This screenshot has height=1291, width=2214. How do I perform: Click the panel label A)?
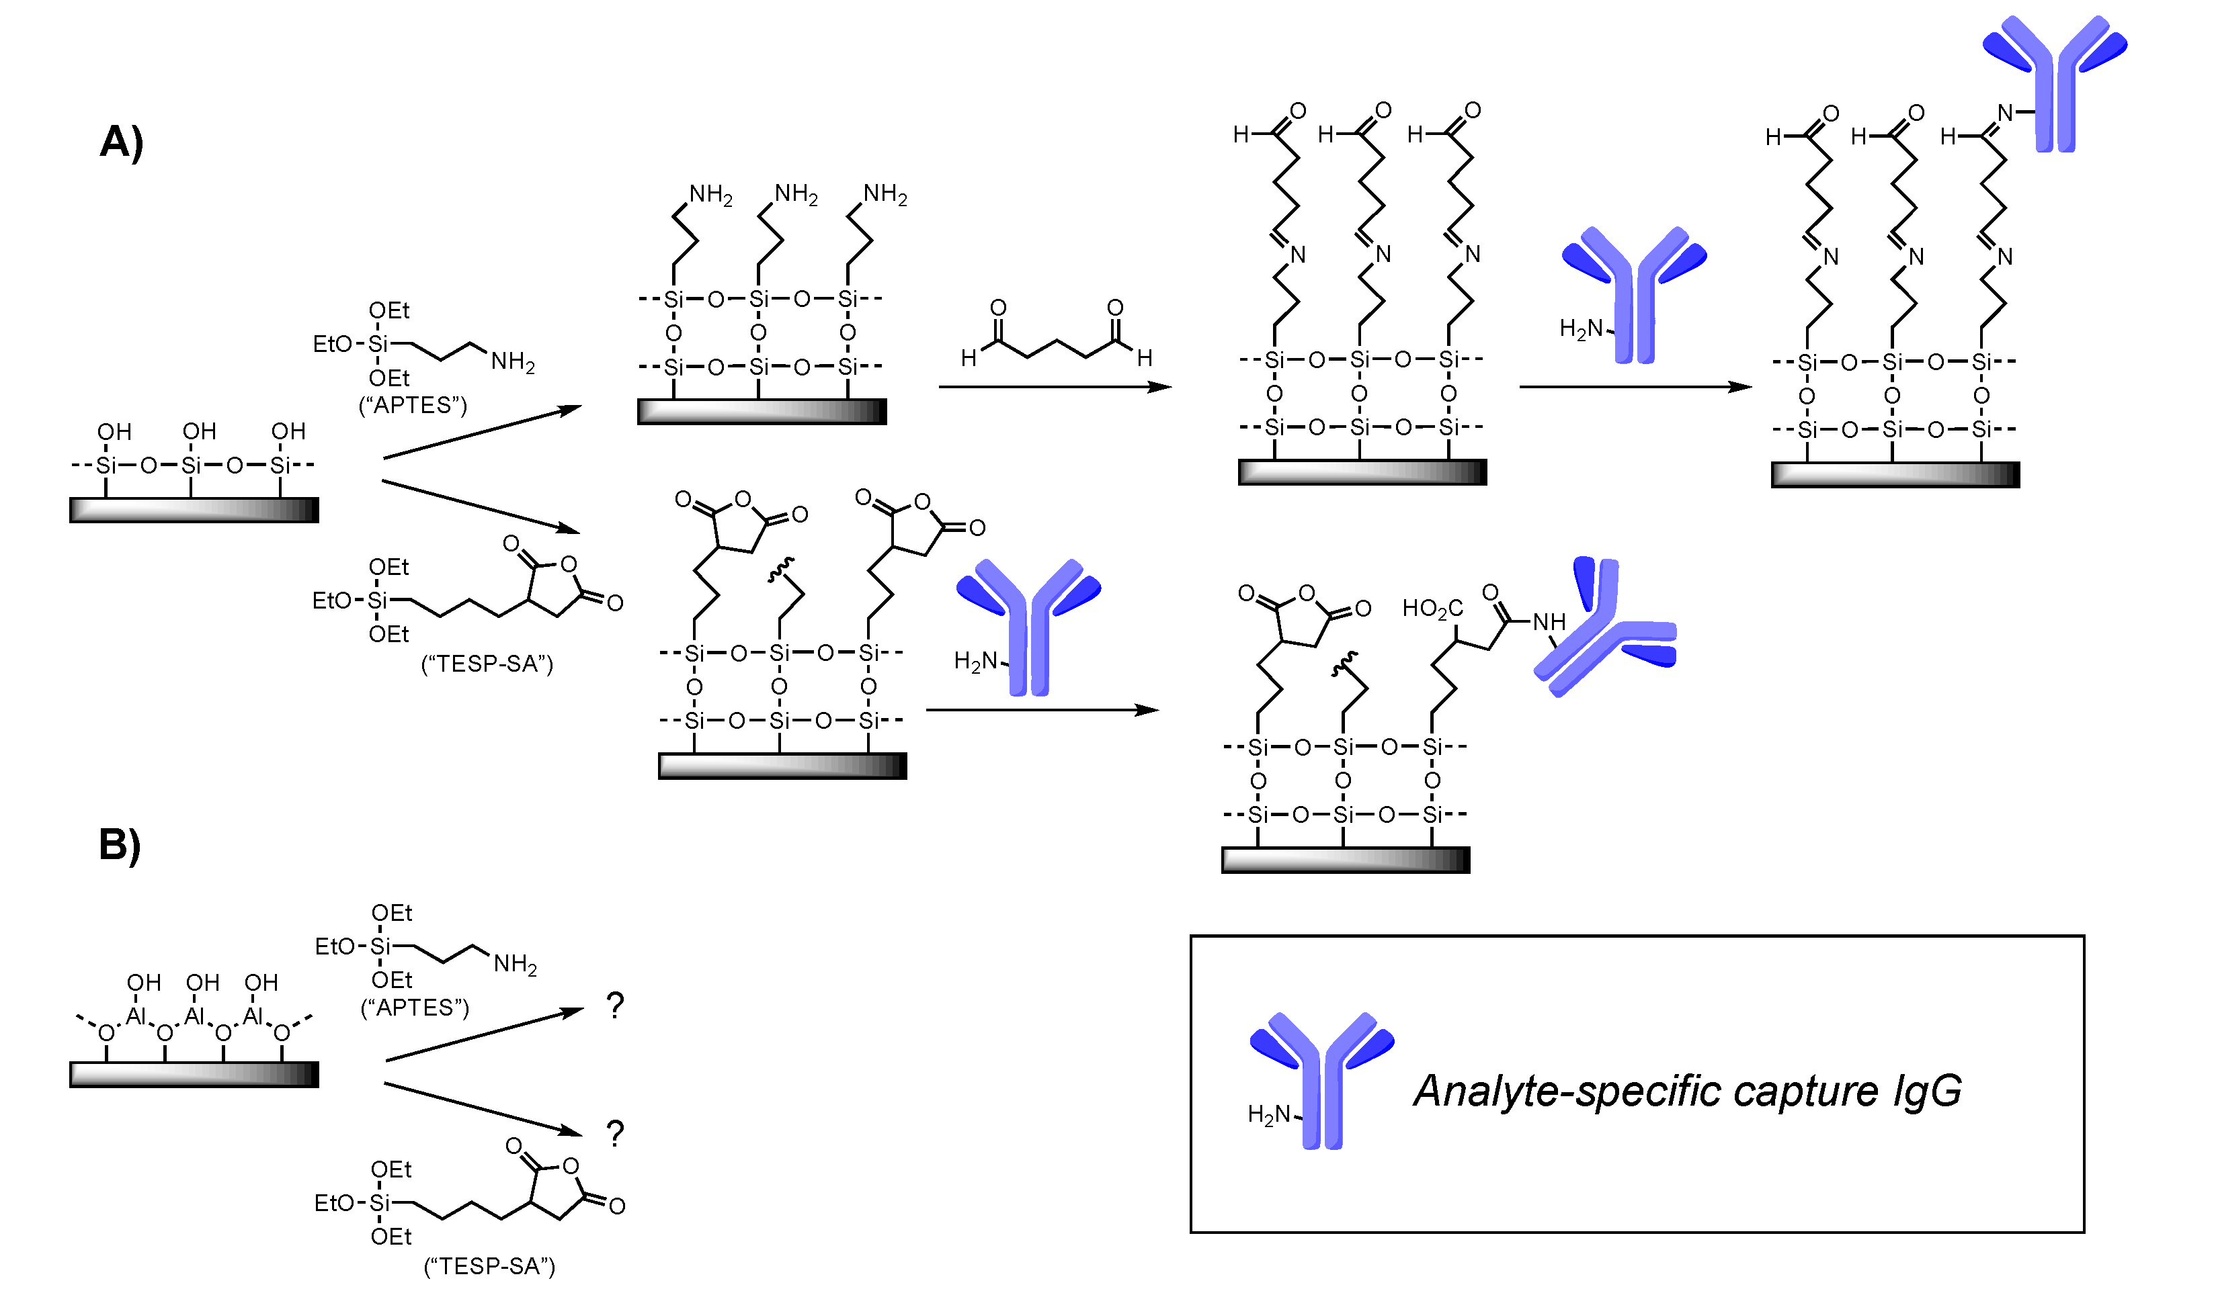121,142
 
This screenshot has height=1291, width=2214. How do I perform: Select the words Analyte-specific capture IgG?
1688,1092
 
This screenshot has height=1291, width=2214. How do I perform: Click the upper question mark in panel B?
615,1006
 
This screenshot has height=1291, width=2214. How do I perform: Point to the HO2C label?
1432,609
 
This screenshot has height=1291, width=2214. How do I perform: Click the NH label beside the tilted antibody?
1549,623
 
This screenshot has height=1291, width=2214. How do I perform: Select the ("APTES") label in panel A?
413,406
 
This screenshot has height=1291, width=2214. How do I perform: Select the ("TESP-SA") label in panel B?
489,1266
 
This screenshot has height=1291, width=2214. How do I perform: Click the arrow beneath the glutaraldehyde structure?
1055,386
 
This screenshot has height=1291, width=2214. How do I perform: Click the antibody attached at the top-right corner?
2056,83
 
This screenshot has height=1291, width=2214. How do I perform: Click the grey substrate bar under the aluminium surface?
194,1075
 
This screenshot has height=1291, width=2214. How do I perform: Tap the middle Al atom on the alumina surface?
194,1017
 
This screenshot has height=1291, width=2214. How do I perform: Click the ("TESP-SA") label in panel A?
487,664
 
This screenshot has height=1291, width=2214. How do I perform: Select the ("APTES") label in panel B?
415,1008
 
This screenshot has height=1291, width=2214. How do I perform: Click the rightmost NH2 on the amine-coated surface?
885,195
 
